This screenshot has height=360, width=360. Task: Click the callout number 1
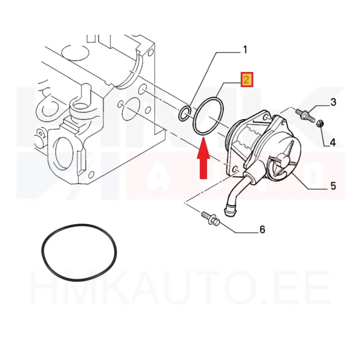tap(245, 49)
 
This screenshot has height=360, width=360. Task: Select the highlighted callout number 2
tap(247, 80)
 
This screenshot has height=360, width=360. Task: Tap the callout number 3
tap(333, 102)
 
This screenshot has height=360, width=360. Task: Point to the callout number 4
tap(333, 143)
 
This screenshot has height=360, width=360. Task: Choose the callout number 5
tap(333, 186)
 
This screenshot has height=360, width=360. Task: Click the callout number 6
tap(262, 229)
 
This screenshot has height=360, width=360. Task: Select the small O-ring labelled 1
tap(184, 113)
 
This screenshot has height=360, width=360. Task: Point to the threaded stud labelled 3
tap(305, 116)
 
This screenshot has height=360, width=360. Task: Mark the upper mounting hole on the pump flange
tap(266, 118)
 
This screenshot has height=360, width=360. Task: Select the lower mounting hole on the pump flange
tap(235, 170)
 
